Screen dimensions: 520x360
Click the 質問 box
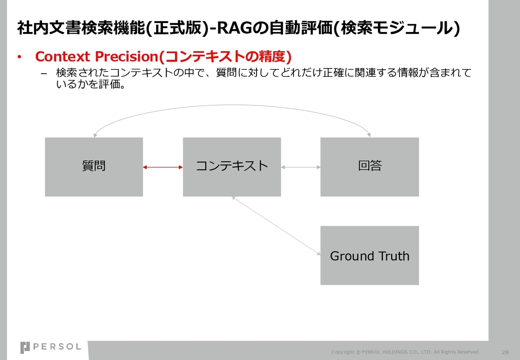(x=94, y=167)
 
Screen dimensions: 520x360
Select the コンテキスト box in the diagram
(x=232, y=167)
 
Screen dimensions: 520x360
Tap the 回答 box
(x=370, y=167)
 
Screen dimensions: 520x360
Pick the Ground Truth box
(x=370, y=256)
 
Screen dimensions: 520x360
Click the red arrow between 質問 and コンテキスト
(x=163, y=167)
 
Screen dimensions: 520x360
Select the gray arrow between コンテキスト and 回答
(x=301, y=167)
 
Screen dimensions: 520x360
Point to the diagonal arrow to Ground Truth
(x=276, y=226)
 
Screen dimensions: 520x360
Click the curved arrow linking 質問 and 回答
(x=232, y=105)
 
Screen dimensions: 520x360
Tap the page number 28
(x=505, y=352)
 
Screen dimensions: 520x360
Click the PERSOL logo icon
(x=25, y=348)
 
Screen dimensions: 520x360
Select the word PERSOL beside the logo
(x=57, y=347)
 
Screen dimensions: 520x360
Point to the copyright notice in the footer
(x=406, y=352)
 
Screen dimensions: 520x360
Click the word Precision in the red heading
(x=127, y=56)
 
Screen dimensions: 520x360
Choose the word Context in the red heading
(x=62, y=57)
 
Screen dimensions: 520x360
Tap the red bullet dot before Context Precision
(x=19, y=57)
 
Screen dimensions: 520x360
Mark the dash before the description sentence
(x=44, y=74)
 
